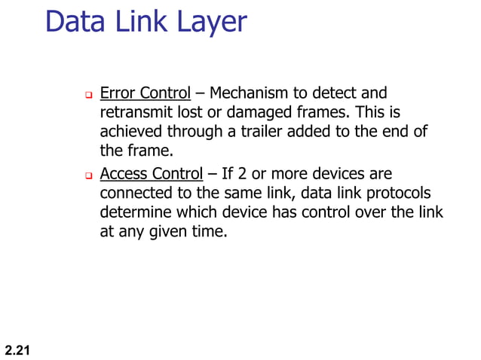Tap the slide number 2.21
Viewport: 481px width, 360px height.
(17, 349)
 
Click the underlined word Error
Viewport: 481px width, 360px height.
(116, 93)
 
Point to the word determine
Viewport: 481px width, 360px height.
(133, 213)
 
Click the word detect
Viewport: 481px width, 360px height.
(340, 93)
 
